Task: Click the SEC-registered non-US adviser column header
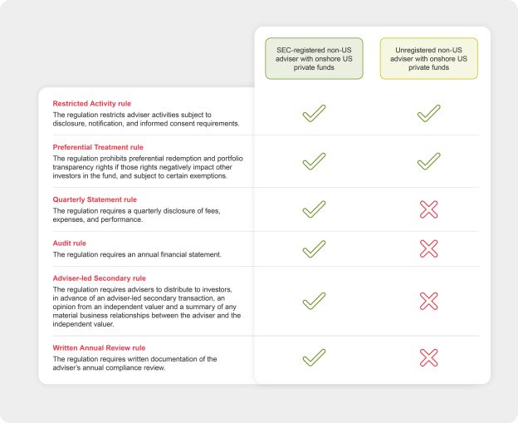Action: pos(314,58)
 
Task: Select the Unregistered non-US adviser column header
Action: pos(428,58)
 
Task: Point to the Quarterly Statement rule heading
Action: pos(95,199)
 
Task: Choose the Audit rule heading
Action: pos(70,243)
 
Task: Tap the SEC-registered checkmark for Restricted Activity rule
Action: pos(314,113)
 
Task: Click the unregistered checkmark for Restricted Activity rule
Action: pos(428,113)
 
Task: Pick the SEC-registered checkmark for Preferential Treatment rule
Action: pos(314,161)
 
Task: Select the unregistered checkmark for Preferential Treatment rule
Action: pos(428,161)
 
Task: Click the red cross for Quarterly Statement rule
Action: pos(428,209)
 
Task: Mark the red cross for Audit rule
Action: pos(428,248)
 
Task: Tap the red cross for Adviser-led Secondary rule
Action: pos(428,300)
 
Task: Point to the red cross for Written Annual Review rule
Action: pos(428,357)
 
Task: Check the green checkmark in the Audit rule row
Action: pos(314,248)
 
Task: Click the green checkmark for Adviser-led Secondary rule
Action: pos(314,300)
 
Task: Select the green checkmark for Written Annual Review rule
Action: pos(314,357)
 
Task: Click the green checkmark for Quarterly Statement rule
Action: pos(314,209)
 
